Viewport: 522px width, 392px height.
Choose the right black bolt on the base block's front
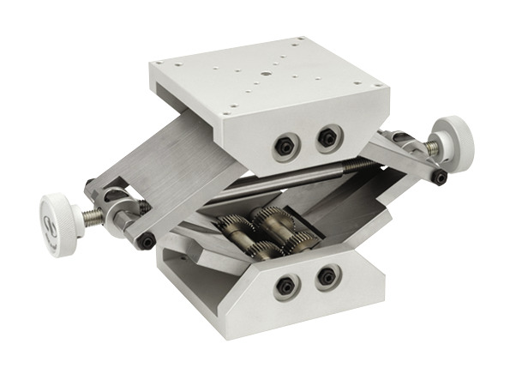pos(326,276)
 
